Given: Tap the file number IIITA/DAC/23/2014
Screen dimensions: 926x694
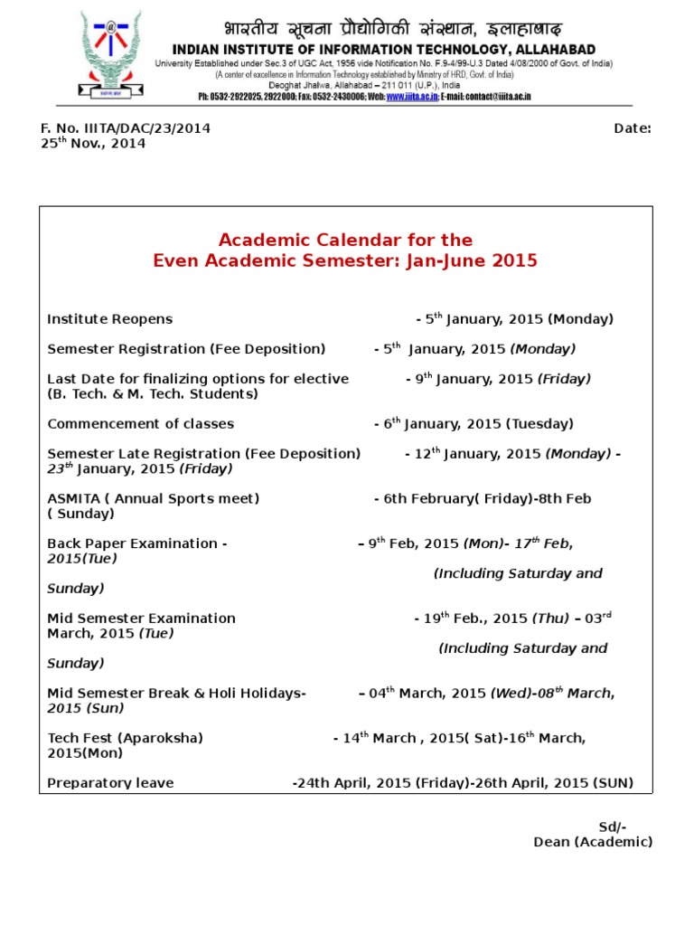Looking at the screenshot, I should (x=126, y=128).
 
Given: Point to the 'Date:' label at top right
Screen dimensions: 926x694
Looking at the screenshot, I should (x=633, y=128).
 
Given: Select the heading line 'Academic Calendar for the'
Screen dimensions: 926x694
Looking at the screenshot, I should (x=345, y=240).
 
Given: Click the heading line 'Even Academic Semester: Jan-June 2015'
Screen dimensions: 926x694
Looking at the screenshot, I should (x=345, y=261).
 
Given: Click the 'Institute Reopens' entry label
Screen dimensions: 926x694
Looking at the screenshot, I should (x=109, y=319).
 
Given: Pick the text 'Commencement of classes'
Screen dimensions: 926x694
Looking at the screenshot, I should (x=140, y=424).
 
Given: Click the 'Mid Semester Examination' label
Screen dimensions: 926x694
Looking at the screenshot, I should (x=141, y=619).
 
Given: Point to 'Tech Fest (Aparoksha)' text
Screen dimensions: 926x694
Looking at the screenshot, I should (x=125, y=738).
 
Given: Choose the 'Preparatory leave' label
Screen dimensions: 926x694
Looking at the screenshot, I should (x=110, y=783).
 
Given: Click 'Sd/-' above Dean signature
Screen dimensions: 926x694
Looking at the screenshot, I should (x=613, y=827).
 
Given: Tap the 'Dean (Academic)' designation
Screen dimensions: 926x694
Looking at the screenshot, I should (x=593, y=842).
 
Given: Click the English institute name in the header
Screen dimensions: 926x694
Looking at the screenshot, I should (x=383, y=49).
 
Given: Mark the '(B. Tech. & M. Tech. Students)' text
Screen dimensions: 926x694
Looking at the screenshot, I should (x=153, y=394).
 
